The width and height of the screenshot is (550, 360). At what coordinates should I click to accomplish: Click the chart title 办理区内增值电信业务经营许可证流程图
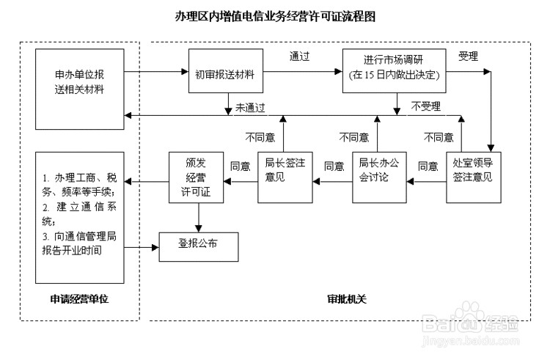(275, 15)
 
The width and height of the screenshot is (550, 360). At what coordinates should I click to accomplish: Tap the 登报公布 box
(198, 243)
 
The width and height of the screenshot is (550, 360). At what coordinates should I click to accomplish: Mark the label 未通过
(250, 107)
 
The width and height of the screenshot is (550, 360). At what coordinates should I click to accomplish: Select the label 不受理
(425, 107)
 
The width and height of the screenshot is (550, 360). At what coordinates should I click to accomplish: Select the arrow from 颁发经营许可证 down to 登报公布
(197, 216)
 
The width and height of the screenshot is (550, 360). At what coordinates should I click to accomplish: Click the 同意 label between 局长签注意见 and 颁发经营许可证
(241, 166)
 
